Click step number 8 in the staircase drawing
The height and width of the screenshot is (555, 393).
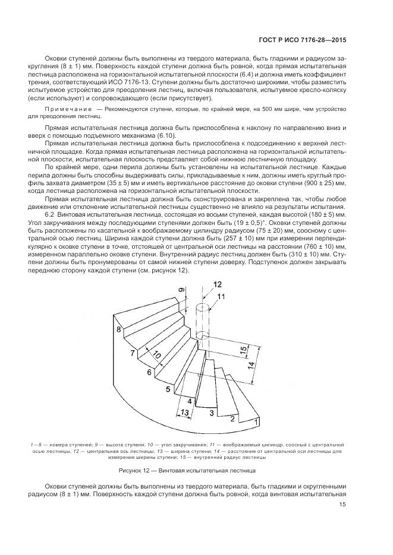coord(119,329)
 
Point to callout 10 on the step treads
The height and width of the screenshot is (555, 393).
coord(156,356)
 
